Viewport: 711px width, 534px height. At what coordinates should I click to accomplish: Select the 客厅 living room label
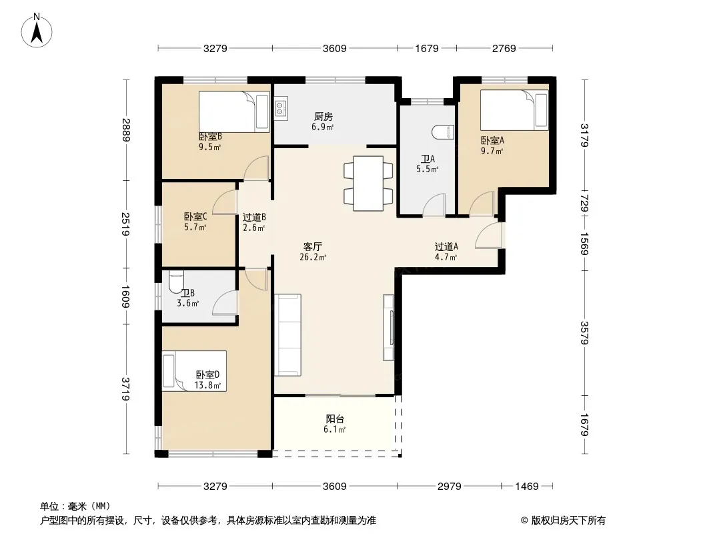[313, 246]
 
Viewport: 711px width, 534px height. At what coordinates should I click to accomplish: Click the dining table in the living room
[368, 182]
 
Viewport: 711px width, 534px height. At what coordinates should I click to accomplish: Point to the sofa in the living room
[288, 334]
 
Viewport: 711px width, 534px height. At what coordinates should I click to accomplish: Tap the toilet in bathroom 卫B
[176, 284]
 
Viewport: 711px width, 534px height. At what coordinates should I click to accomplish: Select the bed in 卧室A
[514, 110]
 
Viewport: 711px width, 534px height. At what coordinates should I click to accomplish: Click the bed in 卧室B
[233, 111]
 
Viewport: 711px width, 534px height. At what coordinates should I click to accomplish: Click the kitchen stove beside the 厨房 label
[280, 108]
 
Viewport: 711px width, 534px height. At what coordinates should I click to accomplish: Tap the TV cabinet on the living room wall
[388, 327]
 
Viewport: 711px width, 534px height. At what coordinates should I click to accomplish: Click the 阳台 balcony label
[335, 419]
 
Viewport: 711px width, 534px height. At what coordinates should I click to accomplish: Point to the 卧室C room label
[195, 217]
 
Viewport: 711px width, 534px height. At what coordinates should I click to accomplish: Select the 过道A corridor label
[446, 246]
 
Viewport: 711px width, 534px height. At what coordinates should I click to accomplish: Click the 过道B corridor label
[254, 217]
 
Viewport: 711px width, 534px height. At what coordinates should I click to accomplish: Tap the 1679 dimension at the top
[427, 48]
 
